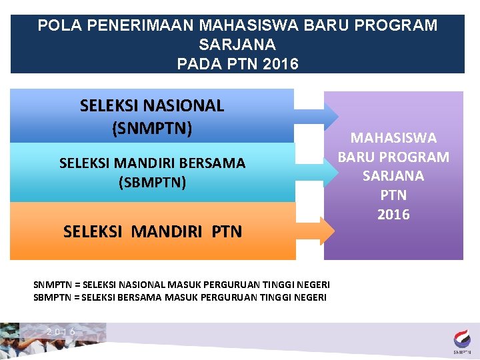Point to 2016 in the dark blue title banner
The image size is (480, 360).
[x=281, y=64]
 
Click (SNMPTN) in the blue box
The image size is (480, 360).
[x=152, y=127]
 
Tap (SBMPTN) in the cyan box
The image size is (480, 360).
[x=152, y=182]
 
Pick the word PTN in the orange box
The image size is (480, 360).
[x=227, y=232]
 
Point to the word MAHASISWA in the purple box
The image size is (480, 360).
[x=393, y=138]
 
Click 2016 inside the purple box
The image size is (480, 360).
[x=393, y=215]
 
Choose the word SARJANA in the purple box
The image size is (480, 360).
[x=393, y=176]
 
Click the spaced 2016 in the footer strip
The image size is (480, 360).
[x=61, y=332]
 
